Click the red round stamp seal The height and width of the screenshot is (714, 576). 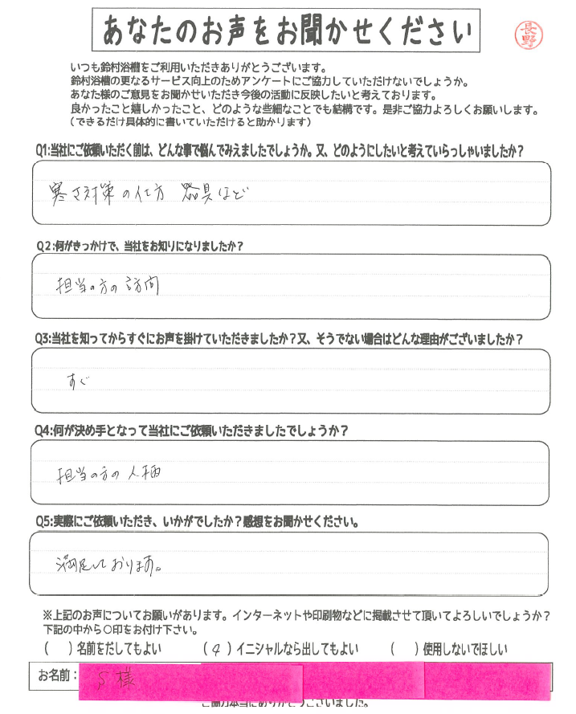click(x=529, y=35)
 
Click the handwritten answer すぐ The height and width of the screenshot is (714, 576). click(x=76, y=377)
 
